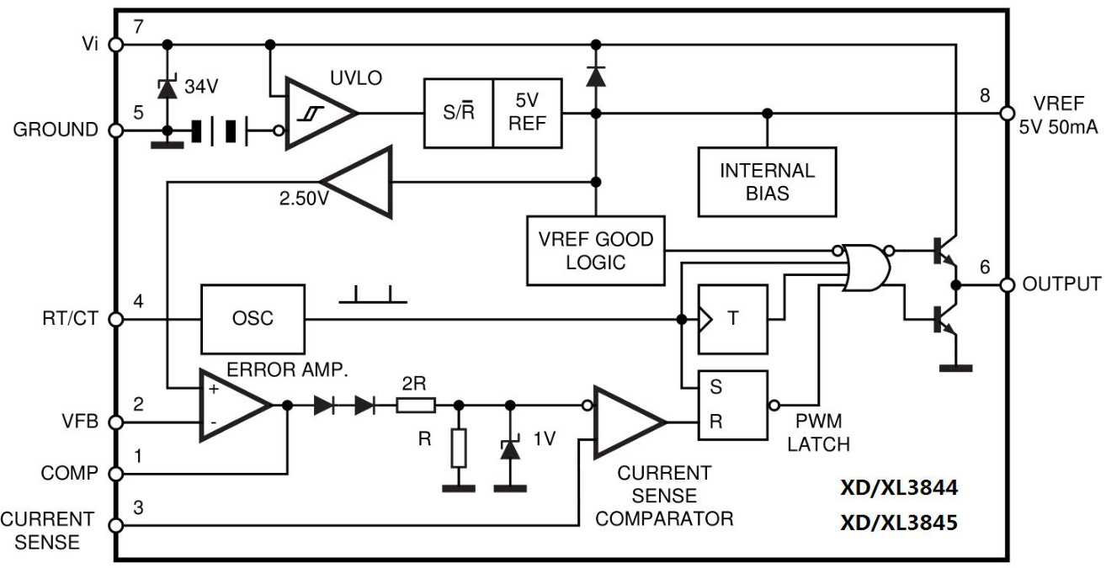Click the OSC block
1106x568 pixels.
click(x=253, y=320)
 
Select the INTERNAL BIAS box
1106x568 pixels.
click(x=767, y=181)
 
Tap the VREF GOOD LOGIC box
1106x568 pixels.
click(x=595, y=250)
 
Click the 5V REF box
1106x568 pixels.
click(x=528, y=114)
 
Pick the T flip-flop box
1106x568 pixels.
click(x=732, y=320)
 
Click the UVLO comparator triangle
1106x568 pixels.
click(x=316, y=114)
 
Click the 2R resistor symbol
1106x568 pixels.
click(x=416, y=405)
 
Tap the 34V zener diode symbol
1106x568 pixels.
click(x=168, y=87)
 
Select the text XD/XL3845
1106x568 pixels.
click(x=898, y=523)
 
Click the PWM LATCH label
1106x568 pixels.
click(x=819, y=431)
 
